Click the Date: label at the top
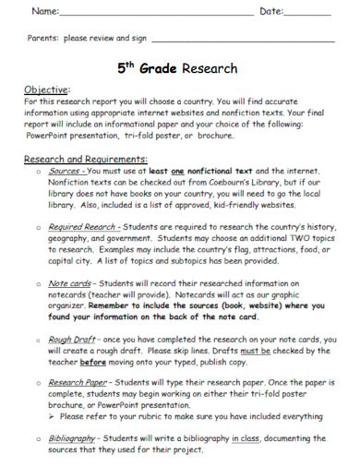pos(276,12)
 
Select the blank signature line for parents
pos(242,42)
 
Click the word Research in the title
pos(210,68)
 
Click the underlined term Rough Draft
pos(73,338)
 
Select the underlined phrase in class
pos(246,439)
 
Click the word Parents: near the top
pos(42,40)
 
